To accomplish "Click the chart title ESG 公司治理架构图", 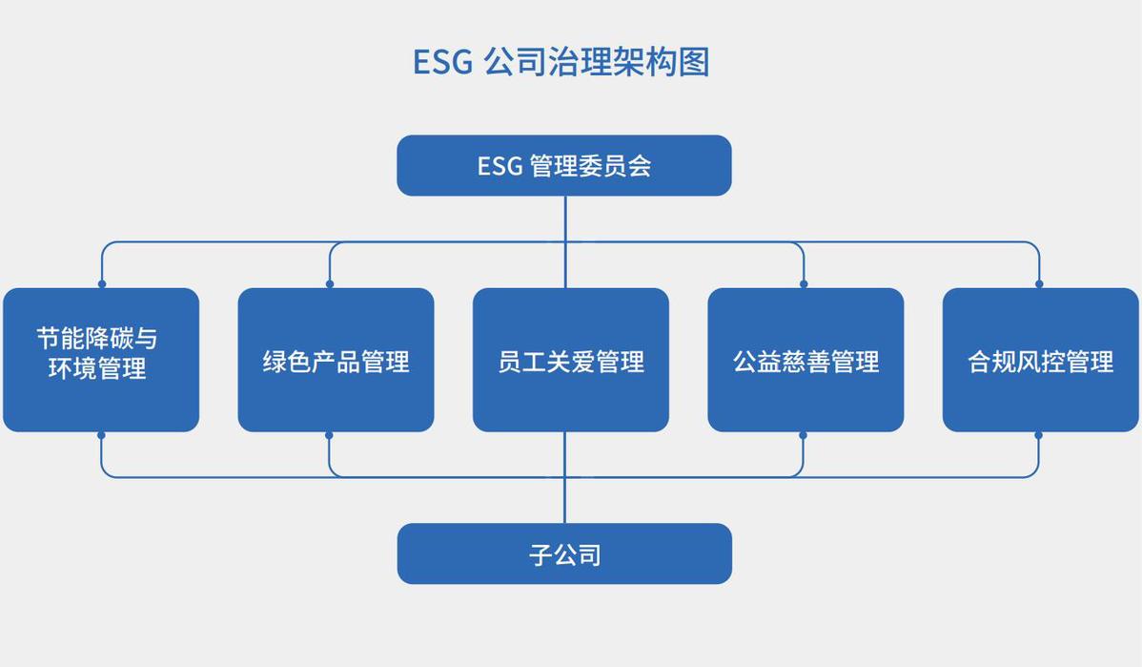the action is [x=561, y=61].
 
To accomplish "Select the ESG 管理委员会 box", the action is [x=564, y=165].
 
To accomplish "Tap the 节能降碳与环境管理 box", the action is [x=101, y=360].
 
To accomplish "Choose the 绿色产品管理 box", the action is [x=336, y=360].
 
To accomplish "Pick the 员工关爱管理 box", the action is [x=571, y=360].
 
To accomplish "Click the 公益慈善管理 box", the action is [x=806, y=360].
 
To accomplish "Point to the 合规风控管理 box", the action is [x=1041, y=360].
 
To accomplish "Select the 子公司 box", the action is [x=564, y=553].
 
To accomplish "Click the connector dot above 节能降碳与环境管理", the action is [x=102, y=283].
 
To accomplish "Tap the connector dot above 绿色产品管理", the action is [x=330, y=283].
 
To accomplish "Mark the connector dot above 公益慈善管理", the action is [x=804, y=283].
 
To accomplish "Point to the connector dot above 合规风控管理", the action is [x=1039, y=283].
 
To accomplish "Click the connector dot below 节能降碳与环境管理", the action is [x=101, y=436].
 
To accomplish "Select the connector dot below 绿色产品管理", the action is [x=329, y=436].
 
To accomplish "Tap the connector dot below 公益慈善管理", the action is [x=803, y=436].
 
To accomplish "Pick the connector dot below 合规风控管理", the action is [x=1038, y=436].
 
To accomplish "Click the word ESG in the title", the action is [x=443, y=62].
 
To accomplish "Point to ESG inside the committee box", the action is [x=500, y=166].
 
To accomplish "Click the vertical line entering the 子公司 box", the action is [x=565, y=477].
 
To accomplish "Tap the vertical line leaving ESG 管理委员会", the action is [x=565, y=242].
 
